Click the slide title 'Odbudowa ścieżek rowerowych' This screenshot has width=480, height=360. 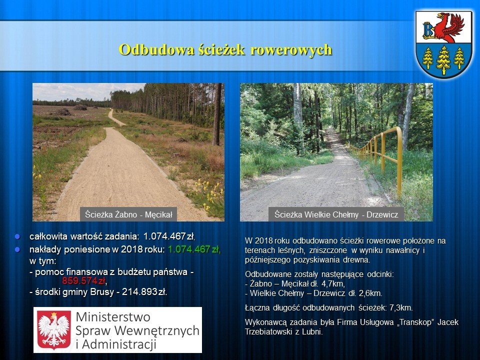point(225,49)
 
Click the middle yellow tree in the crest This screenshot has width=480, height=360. point(443,60)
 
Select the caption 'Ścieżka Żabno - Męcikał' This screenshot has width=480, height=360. point(128,214)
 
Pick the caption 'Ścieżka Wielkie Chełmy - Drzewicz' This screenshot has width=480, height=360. point(336,214)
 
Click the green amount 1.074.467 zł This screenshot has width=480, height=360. point(194,249)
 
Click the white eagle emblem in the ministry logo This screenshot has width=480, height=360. point(54,330)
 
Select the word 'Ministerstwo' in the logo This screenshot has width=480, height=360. point(113,317)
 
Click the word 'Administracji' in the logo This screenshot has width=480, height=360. point(119,344)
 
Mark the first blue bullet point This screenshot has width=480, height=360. point(17,236)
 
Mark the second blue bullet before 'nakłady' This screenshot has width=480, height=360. point(17,250)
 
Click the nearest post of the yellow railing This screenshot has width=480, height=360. point(399,162)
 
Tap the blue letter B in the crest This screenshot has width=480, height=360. point(427,29)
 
